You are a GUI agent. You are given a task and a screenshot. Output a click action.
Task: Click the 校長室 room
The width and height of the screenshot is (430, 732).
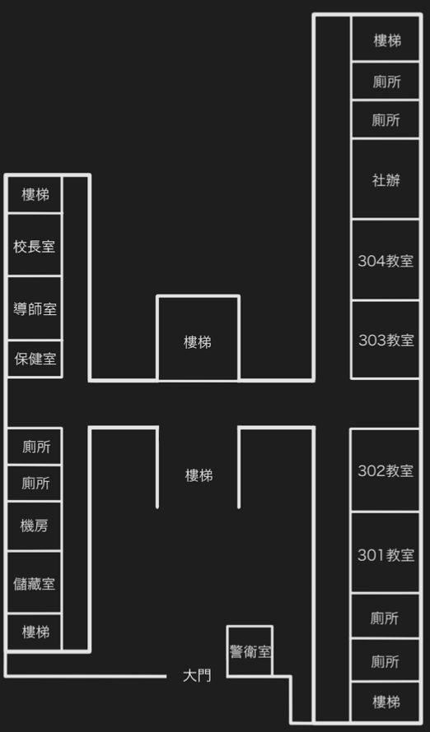[35, 244]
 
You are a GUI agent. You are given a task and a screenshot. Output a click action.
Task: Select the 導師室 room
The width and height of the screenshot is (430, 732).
[35, 308]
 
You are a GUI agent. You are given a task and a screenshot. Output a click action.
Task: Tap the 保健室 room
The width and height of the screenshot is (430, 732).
[35, 359]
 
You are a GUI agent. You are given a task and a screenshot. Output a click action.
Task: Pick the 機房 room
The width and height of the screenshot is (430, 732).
[35, 526]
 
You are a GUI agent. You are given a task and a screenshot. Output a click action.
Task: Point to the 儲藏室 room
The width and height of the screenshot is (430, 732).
[35, 582]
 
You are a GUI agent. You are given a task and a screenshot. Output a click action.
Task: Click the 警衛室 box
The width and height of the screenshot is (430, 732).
[250, 651]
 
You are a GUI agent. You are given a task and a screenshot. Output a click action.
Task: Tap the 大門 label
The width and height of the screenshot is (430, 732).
[197, 675]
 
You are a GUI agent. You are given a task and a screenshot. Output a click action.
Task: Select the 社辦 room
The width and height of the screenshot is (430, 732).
[386, 178]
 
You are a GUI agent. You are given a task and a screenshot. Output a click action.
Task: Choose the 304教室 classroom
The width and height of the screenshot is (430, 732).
[386, 260]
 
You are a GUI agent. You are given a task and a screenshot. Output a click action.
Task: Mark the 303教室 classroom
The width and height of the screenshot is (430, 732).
[386, 340]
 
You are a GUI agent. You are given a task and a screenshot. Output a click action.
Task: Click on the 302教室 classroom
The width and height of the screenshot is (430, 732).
[386, 470]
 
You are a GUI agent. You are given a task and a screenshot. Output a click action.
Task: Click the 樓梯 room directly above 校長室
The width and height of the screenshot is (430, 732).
[35, 194]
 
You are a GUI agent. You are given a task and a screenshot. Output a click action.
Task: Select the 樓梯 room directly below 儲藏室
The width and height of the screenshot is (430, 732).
[35, 632]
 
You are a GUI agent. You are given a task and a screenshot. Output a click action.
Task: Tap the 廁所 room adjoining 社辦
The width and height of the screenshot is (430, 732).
[386, 119]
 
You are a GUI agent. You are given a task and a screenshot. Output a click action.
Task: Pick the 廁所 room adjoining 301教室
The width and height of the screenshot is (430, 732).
[386, 617]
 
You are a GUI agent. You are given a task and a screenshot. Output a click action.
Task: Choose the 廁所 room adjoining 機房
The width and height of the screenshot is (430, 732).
[35, 483]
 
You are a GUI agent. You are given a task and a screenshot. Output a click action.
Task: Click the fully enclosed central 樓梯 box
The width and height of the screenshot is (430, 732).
[199, 338]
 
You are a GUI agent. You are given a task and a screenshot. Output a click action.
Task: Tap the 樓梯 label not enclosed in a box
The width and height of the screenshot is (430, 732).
[199, 475]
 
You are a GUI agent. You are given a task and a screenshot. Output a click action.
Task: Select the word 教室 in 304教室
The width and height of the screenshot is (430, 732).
[400, 261]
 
